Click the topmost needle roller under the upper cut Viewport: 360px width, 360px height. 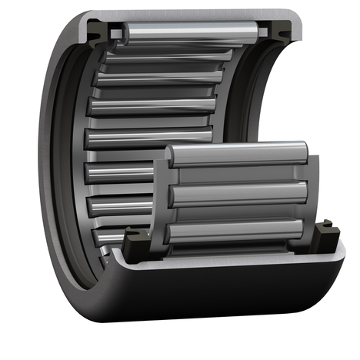click(x=188, y=35)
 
